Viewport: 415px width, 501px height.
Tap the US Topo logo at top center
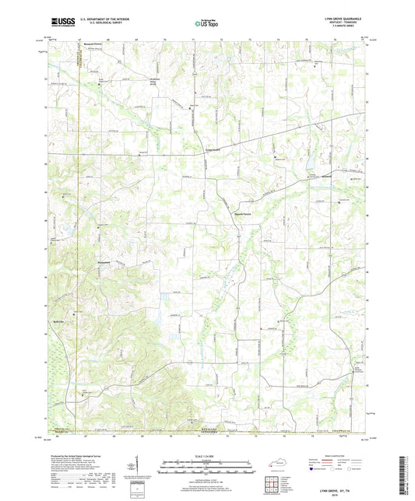pos(206,25)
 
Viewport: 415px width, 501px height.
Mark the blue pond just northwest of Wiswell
pos(309,173)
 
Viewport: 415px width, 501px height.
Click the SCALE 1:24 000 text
pos(207,456)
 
